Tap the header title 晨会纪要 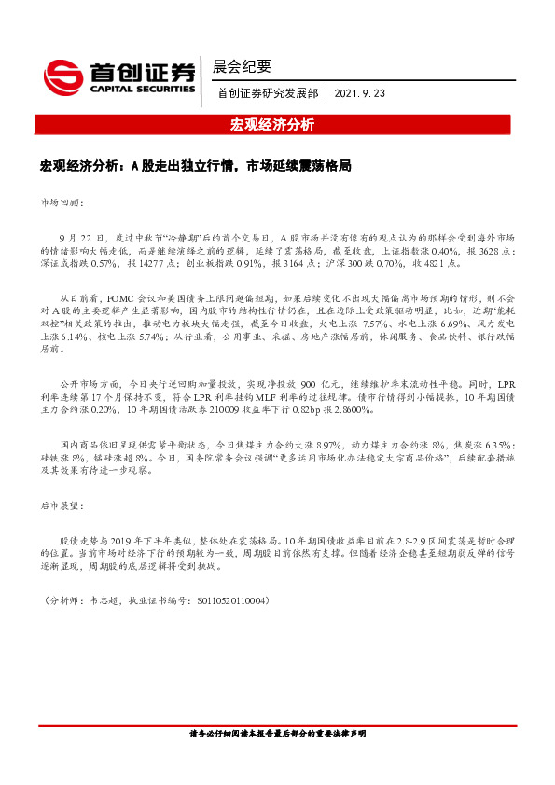242,66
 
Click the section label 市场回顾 62,201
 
